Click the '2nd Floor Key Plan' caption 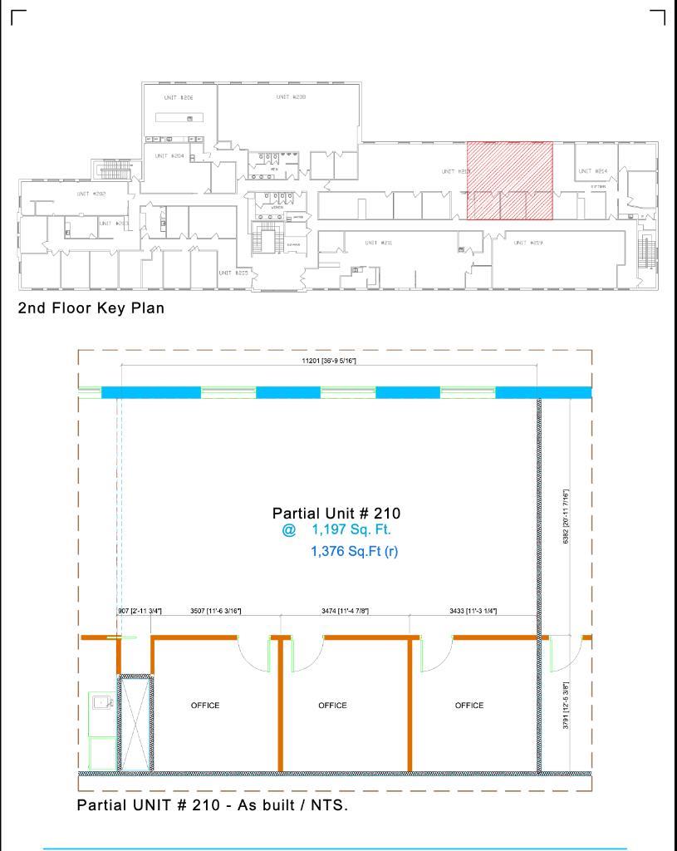point(91,308)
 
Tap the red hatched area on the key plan point(509,180)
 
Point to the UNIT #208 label point(291,97)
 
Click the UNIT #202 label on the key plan point(91,194)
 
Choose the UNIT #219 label point(527,243)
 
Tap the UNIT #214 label point(593,170)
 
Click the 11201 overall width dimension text point(330,361)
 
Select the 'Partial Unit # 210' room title point(336,514)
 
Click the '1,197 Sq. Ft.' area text point(351,529)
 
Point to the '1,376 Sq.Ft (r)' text point(354,551)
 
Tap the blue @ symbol point(288,530)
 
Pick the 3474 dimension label point(345,611)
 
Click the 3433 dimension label point(473,611)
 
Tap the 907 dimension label point(140,611)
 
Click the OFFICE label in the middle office point(332,706)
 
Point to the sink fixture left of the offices point(102,703)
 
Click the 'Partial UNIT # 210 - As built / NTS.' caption point(212,805)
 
